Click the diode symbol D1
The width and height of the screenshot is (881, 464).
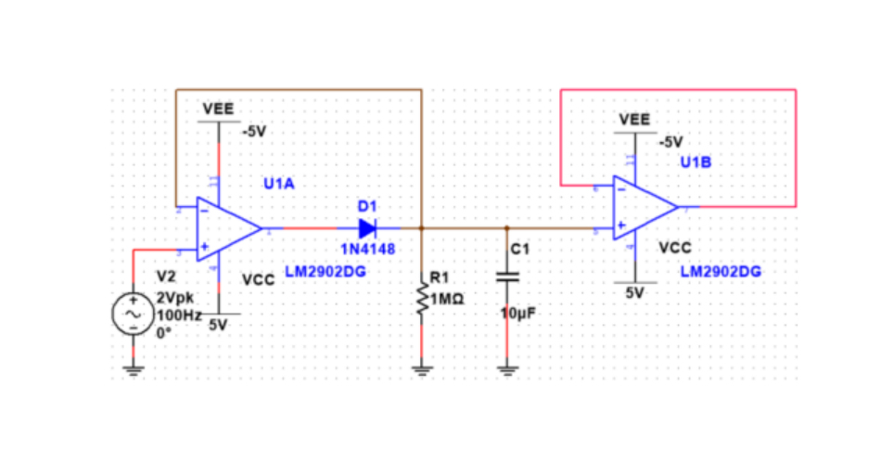[x=366, y=227]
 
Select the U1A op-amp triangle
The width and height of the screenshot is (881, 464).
[x=226, y=227]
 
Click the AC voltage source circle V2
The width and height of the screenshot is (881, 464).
[x=132, y=316]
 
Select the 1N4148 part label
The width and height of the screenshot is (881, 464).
[x=368, y=250]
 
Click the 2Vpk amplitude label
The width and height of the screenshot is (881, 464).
[x=176, y=298]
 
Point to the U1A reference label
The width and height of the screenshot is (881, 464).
[x=278, y=185]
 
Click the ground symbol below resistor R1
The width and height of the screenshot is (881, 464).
[x=422, y=370]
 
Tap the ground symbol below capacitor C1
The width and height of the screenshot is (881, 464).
[x=506, y=370]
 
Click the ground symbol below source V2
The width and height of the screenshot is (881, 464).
[x=132, y=370]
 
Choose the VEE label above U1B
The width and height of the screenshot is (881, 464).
[x=634, y=120]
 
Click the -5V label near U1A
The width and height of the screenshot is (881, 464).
[x=254, y=132]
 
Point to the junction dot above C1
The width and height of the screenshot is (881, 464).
[x=506, y=227]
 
